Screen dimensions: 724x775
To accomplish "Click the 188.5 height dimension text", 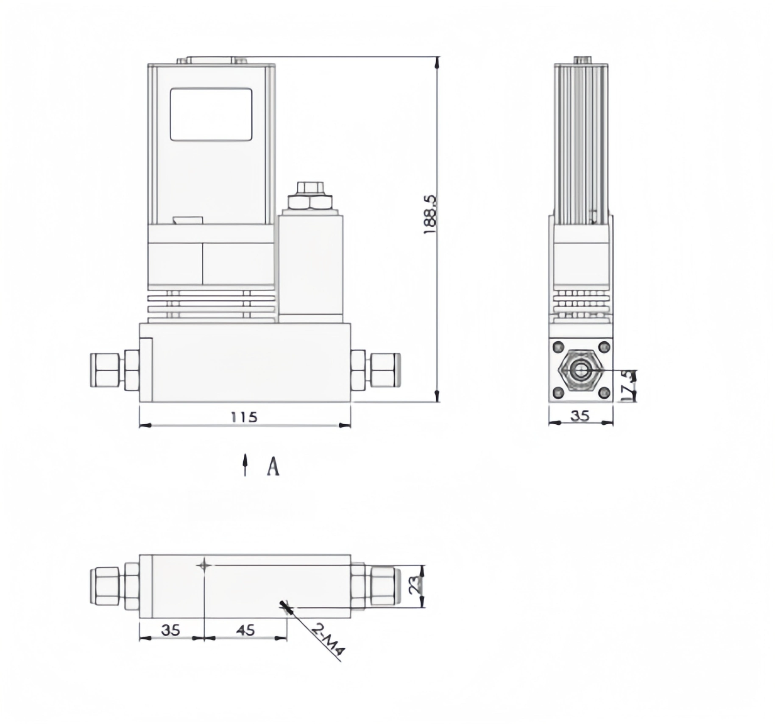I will coord(429,214).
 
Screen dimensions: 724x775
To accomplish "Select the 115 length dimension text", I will coord(244,417).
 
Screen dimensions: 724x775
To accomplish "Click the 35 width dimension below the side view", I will coord(580,416).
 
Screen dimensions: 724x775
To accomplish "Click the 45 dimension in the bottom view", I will coord(245,630).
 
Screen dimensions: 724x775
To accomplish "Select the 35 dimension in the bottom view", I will coord(170,630).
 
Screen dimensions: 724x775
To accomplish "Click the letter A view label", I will coord(273,467).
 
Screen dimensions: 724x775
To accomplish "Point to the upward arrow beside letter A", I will coord(245,465).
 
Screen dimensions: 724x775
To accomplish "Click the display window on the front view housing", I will coord(211,114).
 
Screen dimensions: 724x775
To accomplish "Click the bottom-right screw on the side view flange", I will coord(604,393).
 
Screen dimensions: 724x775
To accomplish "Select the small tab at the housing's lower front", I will coord(187,220).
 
